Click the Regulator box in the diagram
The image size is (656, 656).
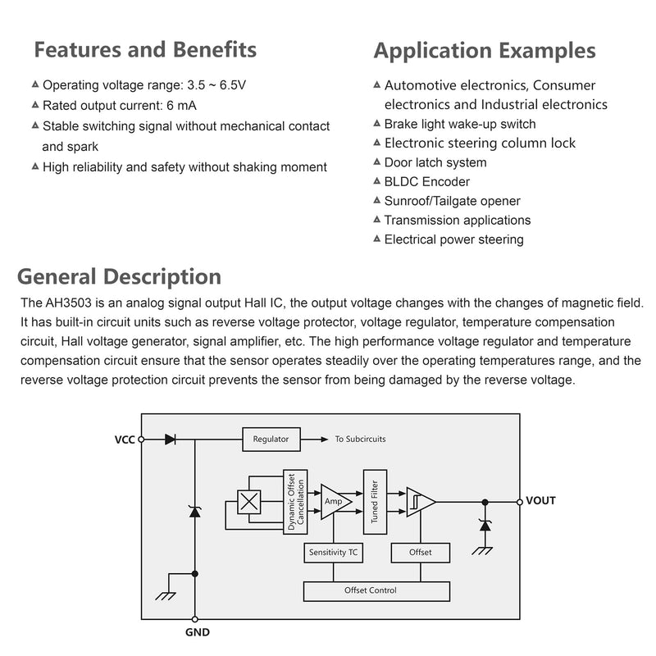[x=271, y=439]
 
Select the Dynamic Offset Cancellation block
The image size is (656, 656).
[x=295, y=502]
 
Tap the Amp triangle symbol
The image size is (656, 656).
[x=335, y=502]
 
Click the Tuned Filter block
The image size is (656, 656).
[x=375, y=502]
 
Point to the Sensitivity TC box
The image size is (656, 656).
[x=333, y=553]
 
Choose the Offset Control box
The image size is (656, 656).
[x=376, y=591]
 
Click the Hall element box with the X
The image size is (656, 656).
[x=249, y=502]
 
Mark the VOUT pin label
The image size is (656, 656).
[x=540, y=501]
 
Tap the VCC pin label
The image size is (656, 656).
[x=125, y=440]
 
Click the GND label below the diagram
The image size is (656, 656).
[x=198, y=632]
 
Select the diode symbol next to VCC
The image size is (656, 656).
[x=171, y=440]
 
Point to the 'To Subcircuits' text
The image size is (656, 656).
[x=360, y=439]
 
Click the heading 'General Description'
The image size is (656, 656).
[x=119, y=277]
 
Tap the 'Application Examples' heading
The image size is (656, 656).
[x=485, y=51]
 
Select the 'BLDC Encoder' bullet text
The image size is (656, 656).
[x=426, y=182]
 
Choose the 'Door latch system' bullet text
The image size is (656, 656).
[x=435, y=162]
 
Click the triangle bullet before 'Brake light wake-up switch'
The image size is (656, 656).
[x=377, y=124]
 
